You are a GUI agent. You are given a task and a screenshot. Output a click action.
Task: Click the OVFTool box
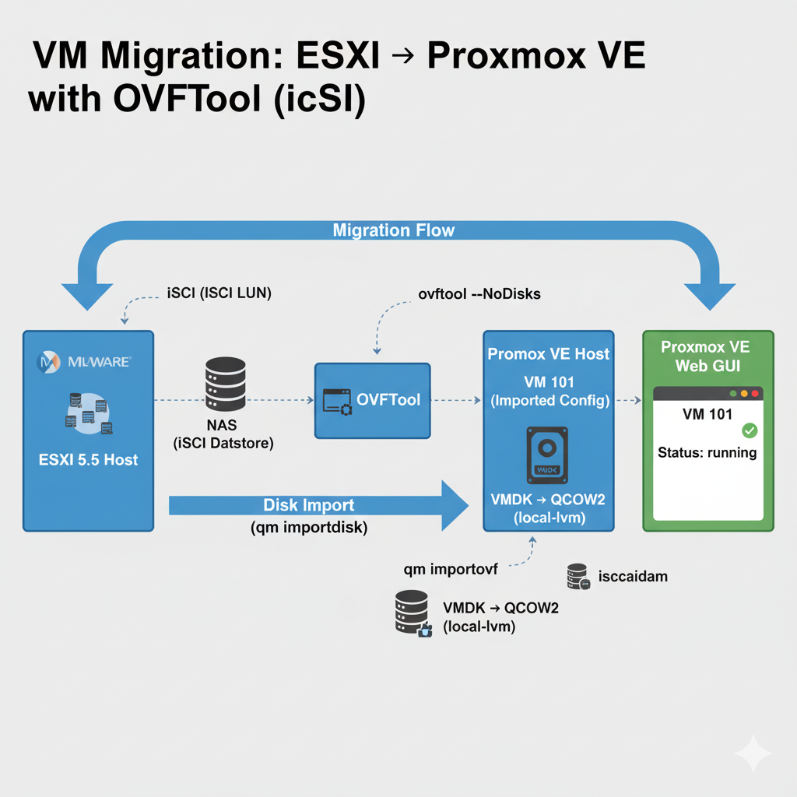click(x=371, y=400)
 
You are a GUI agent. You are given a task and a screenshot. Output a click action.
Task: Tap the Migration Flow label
click(x=393, y=230)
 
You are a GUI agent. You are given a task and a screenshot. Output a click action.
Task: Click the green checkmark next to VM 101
click(x=750, y=430)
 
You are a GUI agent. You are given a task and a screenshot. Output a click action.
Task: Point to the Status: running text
click(x=707, y=452)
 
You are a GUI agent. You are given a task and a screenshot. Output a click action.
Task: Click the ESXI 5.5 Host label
click(x=88, y=460)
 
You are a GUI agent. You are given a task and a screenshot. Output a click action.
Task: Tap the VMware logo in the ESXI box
click(x=84, y=362)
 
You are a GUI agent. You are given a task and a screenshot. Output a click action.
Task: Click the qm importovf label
click(x=451, y=570)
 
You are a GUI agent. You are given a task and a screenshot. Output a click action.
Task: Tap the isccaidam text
click(x=634, y=578)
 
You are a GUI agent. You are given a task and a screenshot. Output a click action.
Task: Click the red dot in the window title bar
click(x=754, y=394)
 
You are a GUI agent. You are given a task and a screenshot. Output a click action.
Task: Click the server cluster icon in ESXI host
click(x=88, y=412)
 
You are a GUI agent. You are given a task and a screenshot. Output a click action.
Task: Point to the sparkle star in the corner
click(x=753, y=753)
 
